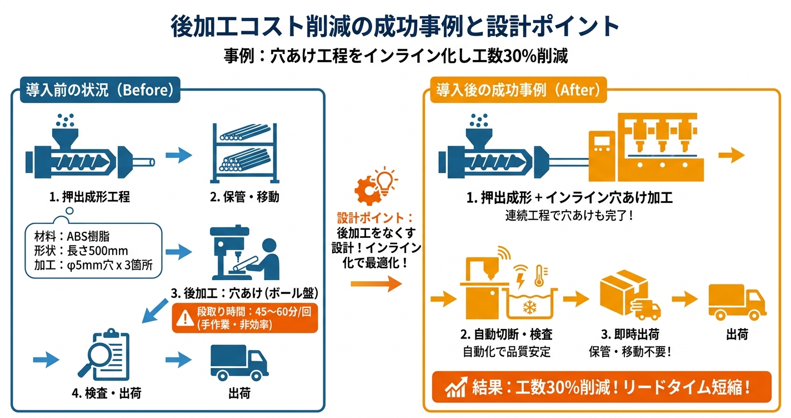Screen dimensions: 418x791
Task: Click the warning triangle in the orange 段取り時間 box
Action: pyautogui.click(x=182, y=317)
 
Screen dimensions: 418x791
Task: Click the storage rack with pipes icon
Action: pyautogui.click(x=244, y=152)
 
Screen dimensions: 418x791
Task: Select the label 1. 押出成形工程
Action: pyautogui.click(x=89, y=197)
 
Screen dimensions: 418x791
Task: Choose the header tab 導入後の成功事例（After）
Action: pyautogui.click(x=518, y=89)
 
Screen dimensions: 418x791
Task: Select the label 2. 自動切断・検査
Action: pyautogui.click(x=506, y=335)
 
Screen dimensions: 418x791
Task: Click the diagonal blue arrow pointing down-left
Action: pyautogui.click(x=156, y=311)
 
